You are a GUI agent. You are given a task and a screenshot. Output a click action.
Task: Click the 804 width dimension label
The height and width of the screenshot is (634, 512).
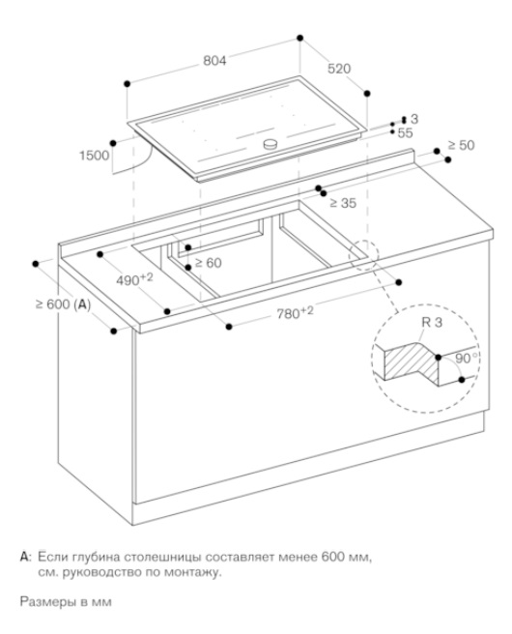[x=214, y=61]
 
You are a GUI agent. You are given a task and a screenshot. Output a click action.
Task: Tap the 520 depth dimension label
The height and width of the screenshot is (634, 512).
[x=339, y=69]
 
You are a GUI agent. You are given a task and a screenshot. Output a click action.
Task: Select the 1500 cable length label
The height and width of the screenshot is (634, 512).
[x=94, y=156]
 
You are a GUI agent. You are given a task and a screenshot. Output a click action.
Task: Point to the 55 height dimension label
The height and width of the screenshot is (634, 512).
[x=405, y=133]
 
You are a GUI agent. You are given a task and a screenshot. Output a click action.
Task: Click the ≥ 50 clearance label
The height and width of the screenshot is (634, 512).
[x=461, y=145]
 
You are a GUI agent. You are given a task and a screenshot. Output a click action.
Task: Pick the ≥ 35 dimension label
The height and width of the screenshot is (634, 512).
[x=343, y=203]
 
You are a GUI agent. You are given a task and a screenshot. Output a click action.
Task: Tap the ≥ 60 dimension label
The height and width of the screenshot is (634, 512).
[x=208, y=263]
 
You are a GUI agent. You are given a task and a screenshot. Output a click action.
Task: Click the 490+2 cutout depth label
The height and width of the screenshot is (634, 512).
[x=134, y=279]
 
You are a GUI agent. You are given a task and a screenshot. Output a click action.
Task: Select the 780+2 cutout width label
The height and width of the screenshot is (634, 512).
[x=295, y=312]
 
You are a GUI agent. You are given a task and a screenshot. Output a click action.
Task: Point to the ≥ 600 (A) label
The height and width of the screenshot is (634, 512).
[x=63, y=304]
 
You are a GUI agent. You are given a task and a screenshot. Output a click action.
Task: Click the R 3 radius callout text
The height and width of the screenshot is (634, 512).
[x=432, y=322]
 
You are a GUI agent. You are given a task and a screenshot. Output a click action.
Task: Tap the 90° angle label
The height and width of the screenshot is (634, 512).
[x=466, y=359]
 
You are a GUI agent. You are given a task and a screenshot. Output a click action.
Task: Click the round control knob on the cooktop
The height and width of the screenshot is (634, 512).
[x=270, y=144]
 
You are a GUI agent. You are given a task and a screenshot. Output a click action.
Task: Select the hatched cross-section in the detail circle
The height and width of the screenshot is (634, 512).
[x=411, y=362]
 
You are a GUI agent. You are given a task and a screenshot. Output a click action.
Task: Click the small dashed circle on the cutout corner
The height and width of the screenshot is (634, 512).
[x=364, y=255]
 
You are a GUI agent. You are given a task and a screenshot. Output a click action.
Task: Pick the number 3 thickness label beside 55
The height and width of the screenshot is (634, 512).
[x=414, y=119]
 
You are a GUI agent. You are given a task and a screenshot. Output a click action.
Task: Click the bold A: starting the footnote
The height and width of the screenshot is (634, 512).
[x=25, y=558]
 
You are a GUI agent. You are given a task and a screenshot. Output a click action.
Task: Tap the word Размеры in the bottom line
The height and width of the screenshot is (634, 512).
[x=48, y=602]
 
